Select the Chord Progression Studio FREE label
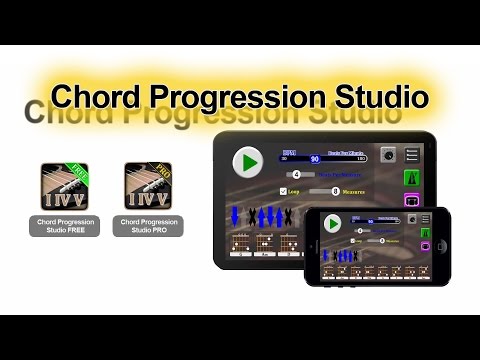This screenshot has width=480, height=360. (x=63, y=226)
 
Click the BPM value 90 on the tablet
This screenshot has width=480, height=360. (x=313, y=158)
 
